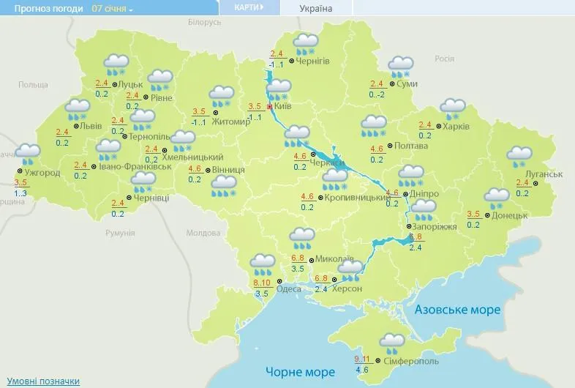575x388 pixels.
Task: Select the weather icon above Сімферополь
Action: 392,343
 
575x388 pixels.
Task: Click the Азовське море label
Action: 457,310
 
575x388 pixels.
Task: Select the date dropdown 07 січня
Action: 112,9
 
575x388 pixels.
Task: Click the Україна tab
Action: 316,9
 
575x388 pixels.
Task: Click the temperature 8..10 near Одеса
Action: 262,283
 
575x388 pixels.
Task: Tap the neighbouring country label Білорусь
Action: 204,23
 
